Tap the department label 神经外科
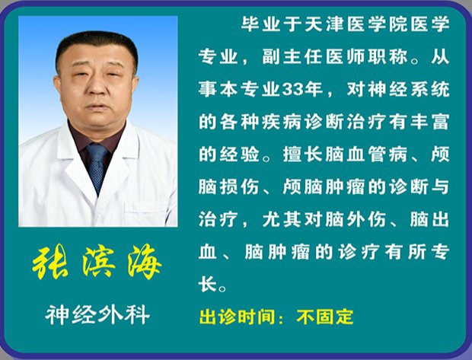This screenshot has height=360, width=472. click(97, 314)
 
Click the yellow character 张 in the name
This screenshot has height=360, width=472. click(50, 261)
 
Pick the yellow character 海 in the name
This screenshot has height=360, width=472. click(145, 261)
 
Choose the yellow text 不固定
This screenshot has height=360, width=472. click(325, 317)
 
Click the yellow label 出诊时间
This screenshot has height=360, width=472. click(237, 317)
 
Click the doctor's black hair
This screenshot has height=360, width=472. click(97, 45)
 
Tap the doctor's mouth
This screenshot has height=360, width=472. click(97, 107)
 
